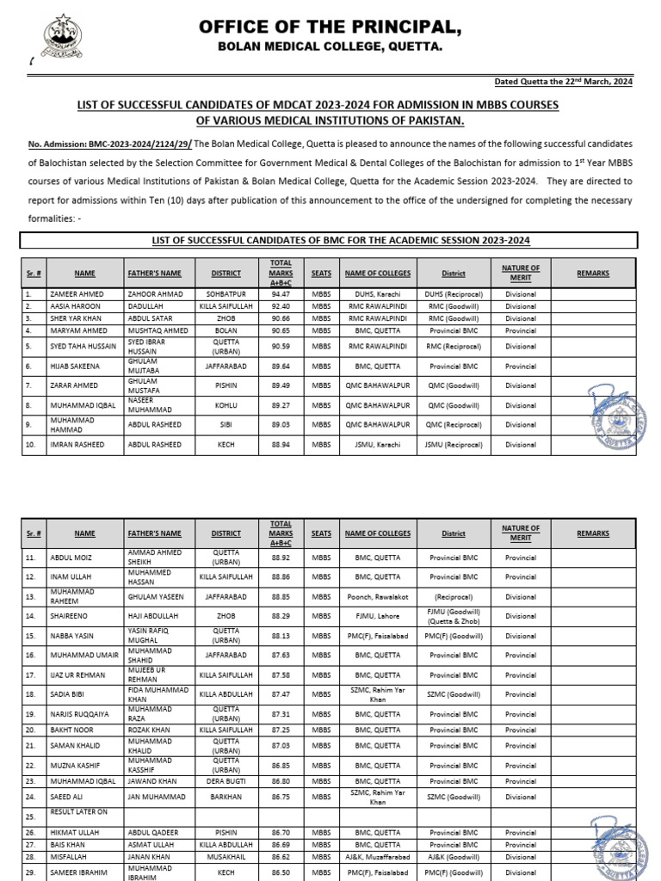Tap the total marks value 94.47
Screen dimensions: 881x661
[281, 293]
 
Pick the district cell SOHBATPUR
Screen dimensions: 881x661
[225, 293]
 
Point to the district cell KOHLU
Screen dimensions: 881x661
[225, 405]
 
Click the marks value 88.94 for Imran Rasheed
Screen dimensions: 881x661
[281, 445]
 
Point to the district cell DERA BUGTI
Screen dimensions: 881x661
[225, 780]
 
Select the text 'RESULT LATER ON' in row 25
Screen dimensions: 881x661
[79, 811]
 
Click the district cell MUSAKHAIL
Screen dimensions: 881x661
[225, 858]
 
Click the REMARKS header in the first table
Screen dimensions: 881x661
[593, 273]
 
